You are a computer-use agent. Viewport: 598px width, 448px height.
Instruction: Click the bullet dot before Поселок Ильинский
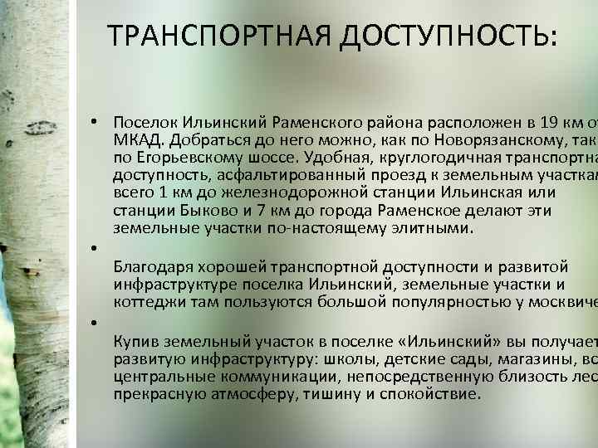96,121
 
